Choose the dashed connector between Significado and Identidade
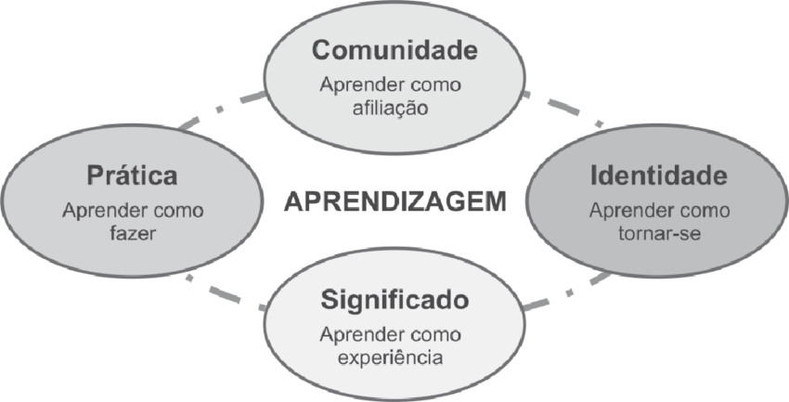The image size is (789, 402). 568,292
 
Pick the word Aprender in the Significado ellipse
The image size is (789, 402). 357,334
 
